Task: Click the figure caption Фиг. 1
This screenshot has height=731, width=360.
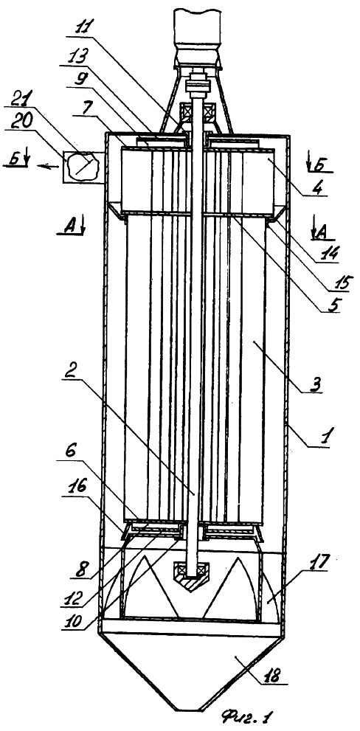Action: (x=247, y=715)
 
